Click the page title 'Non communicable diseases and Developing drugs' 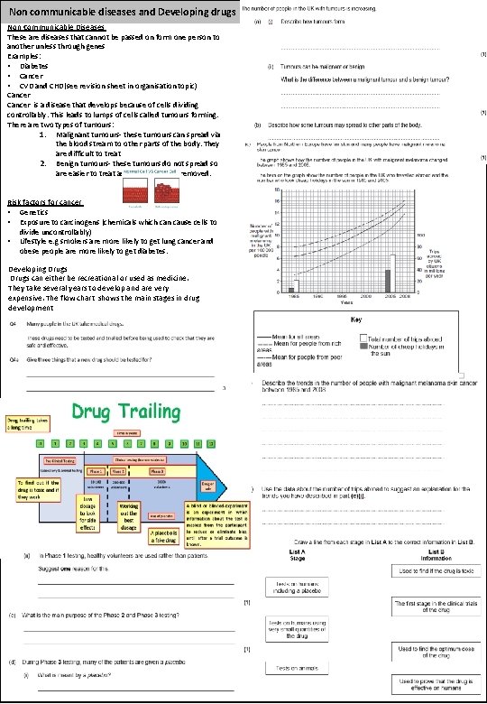[x=122, y=11]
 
